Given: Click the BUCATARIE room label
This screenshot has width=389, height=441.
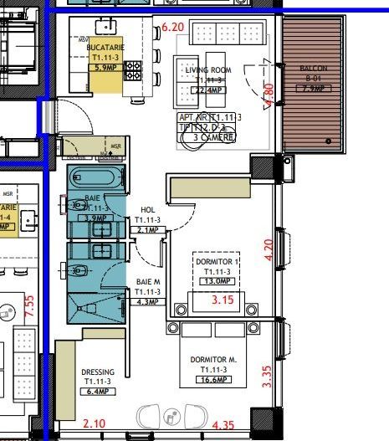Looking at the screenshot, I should click(105, 49).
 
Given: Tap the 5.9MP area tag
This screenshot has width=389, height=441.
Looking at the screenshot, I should click(105, 68).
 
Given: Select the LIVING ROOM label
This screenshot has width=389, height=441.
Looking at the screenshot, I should click(207, 70).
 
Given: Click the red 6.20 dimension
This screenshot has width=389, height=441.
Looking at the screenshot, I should click(172, 28).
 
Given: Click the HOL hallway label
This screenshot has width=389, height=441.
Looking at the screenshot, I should click(148, 211).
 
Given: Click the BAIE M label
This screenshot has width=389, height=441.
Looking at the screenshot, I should click(147, 282).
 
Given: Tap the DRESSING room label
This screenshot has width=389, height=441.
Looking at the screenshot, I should click(98, 372).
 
